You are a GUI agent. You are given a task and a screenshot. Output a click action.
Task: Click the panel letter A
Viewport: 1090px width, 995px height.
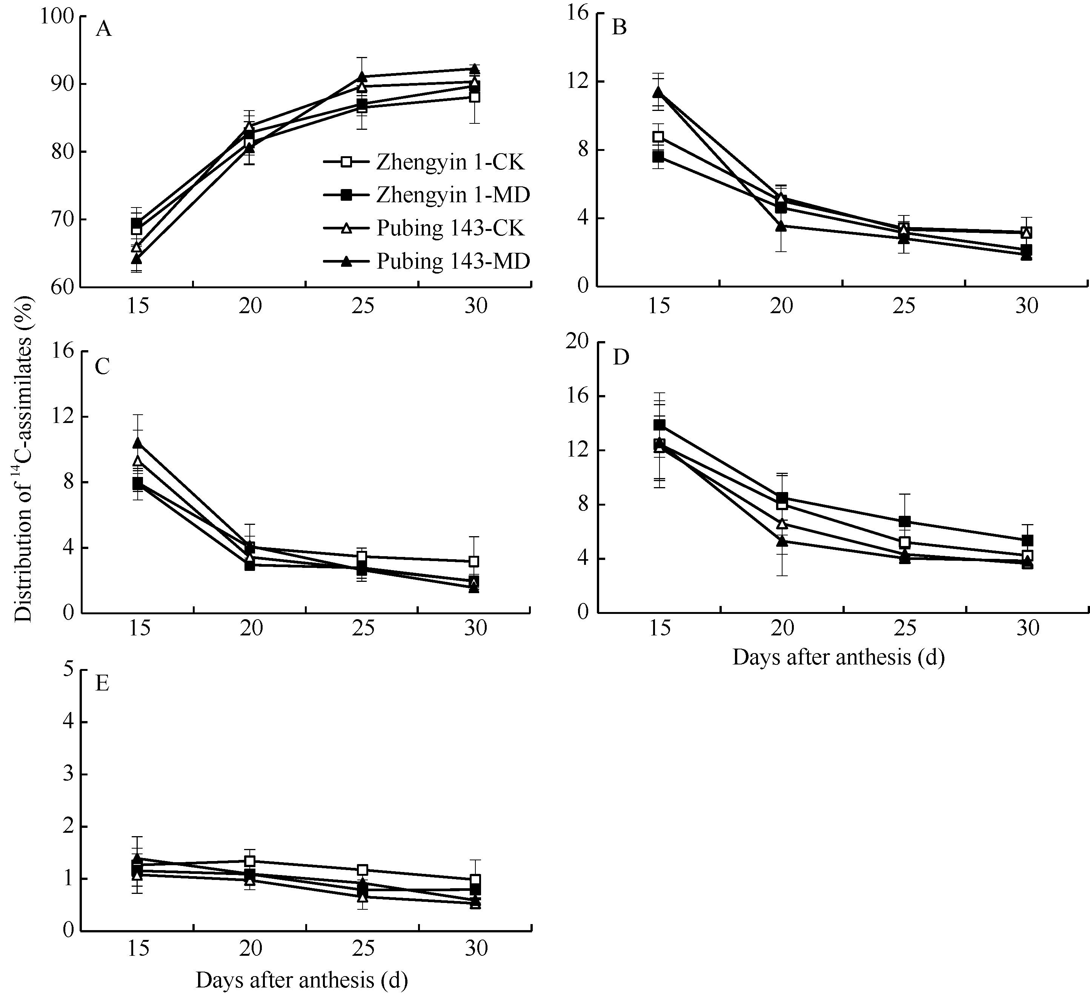(x=103, y=29)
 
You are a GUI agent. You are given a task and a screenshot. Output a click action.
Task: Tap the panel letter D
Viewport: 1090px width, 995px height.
(x=621, y=357)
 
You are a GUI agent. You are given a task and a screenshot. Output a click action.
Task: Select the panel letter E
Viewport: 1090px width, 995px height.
(x=102, y=683)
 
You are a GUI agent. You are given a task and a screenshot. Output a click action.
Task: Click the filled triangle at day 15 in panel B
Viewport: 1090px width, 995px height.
(x=658, y=92)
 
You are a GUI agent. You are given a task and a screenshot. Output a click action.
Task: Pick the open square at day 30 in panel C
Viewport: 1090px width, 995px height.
(x=474, y=561)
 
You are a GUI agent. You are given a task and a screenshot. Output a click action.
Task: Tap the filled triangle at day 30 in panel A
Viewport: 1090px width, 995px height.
(x=474, y=69)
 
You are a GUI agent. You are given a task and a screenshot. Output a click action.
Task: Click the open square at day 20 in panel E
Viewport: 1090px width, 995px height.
(x=249, y=861)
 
